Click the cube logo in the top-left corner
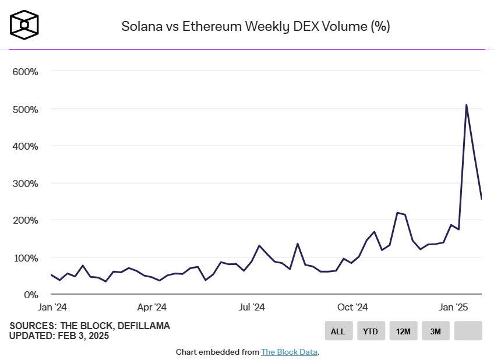pos(24,25)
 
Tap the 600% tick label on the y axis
pos(25,72)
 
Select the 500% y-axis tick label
pos(25,109)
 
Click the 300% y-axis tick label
pos(25,183)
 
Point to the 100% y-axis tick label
pos(25,257)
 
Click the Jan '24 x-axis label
pos(52,307)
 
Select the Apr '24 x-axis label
pos(152,307)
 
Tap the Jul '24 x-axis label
pos(252,307)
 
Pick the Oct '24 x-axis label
pos(353,307)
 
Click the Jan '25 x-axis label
pos(454,307)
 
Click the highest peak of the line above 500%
pos(467,105)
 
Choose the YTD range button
pos(370,331)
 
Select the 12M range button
pos(403,331)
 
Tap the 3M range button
pos(436,331)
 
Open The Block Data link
pos(290,352)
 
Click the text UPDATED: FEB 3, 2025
pos(59,336)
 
